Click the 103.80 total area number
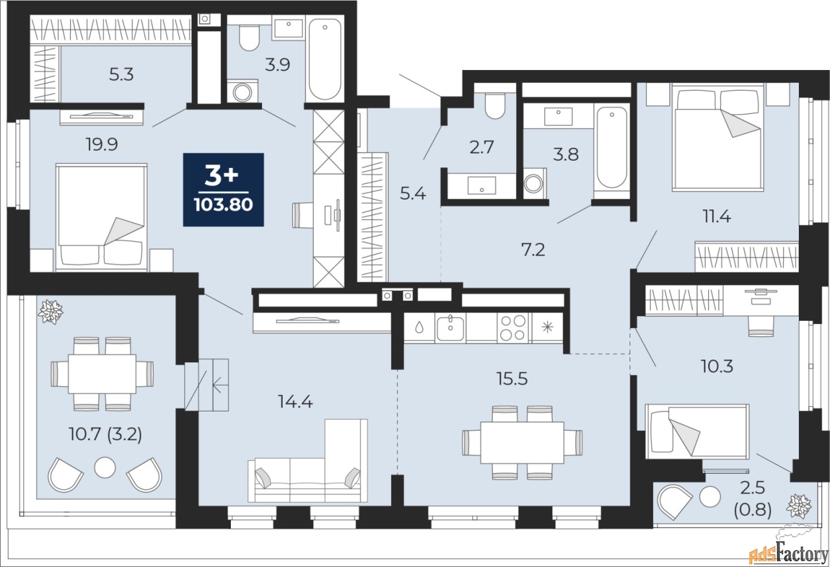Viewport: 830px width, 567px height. coord(223,206)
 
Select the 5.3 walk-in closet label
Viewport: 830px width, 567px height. coord(121,75)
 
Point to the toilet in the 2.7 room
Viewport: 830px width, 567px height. coord(495,106)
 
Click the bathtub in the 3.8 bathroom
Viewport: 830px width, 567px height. coord(611,148)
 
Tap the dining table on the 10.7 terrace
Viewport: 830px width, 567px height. coord(102,373)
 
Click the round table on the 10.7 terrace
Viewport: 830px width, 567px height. coord(104,467)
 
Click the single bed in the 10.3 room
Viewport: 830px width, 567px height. coord(697,430)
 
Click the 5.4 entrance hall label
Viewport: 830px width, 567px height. coord(413,193)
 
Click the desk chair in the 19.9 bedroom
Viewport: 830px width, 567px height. coord(305,214)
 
